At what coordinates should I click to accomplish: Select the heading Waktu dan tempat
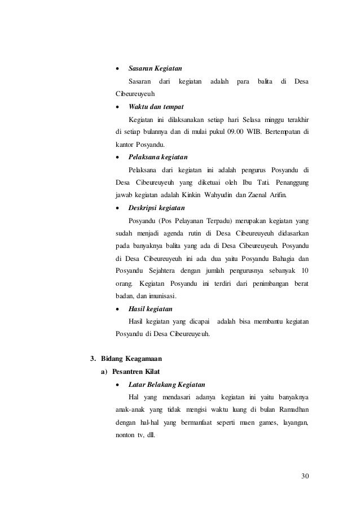[x=156, y=106]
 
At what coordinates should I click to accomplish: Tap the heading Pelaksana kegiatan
[x=159, y=156]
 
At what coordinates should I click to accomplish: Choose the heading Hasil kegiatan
[x=151, y=309]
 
